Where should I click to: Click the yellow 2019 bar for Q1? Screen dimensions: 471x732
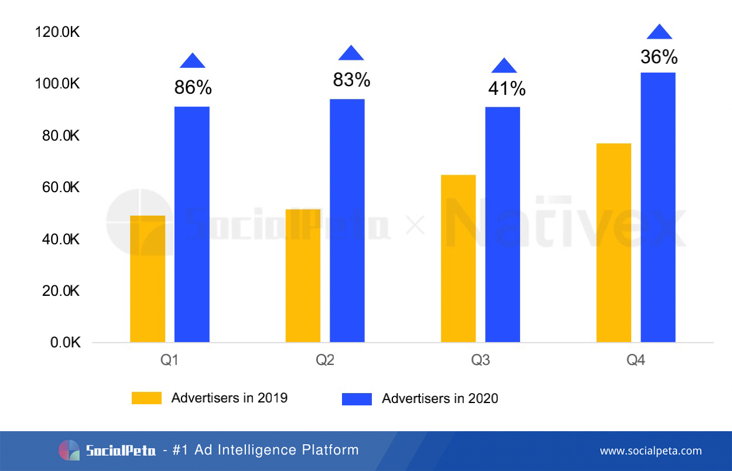pos(148,279)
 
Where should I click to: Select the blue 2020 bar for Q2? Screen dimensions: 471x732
pos(347,220)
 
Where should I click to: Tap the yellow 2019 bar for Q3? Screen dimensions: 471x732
pos(458,258)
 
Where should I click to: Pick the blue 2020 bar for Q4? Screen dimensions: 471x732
pos(658,207)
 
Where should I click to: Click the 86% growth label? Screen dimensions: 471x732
pos(193,88)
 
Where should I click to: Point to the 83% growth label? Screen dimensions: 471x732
pos(351,80)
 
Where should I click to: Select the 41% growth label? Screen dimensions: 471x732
pos(507,89)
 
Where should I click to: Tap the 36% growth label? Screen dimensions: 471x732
pos(659,57)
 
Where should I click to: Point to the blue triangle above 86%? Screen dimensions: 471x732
pos(193,61)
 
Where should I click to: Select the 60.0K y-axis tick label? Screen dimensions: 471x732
pos(57,187)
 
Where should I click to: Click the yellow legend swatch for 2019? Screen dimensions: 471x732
pos(146,398)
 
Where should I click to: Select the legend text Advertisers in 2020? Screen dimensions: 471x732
pos(440,399)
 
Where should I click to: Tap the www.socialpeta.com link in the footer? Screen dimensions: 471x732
pos(651,451)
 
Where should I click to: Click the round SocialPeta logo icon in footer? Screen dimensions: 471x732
pos(69,450)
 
